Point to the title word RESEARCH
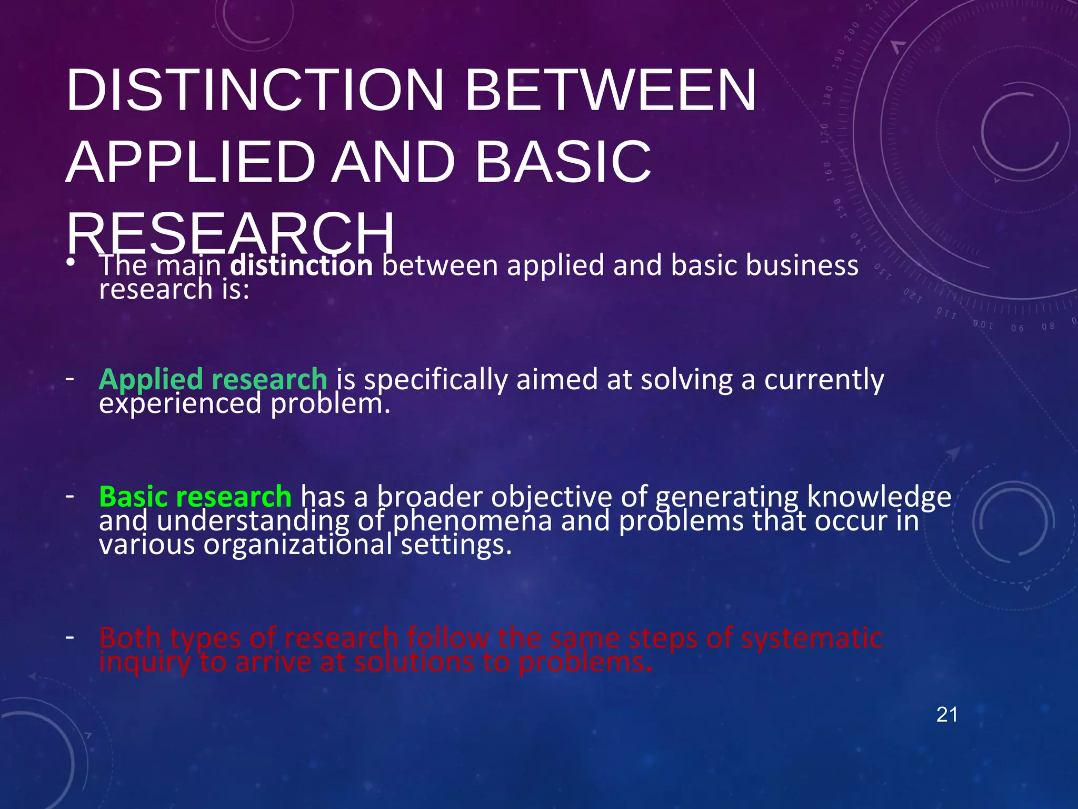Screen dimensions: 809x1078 point(230,233)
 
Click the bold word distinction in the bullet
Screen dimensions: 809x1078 point(302,265)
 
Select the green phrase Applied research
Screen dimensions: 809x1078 point(213,379)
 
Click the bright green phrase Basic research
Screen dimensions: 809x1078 point(195,497)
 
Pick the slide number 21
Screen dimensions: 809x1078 point(947,715)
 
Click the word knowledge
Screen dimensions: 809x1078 point(879,497)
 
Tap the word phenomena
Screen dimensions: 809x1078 point(472,521)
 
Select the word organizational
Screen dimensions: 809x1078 point(298,545)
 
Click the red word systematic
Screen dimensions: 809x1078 point(812,638)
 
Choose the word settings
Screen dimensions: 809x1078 point(456,545)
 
